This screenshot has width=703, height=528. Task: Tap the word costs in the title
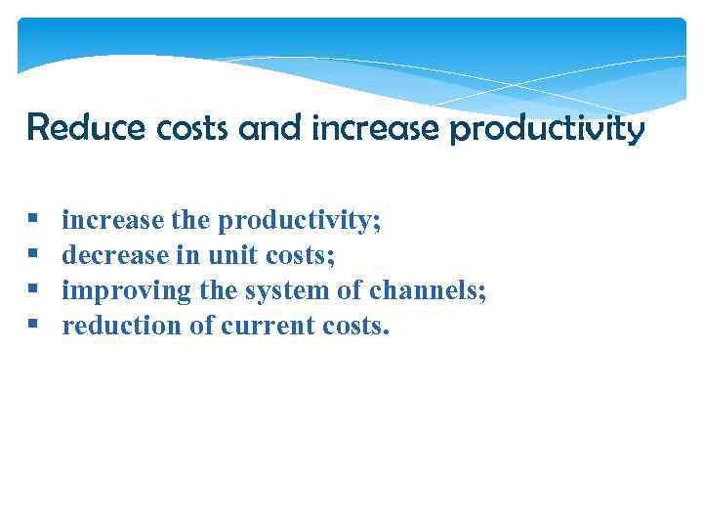pos(163,127)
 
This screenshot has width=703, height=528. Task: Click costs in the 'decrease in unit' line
pos(300,256)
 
